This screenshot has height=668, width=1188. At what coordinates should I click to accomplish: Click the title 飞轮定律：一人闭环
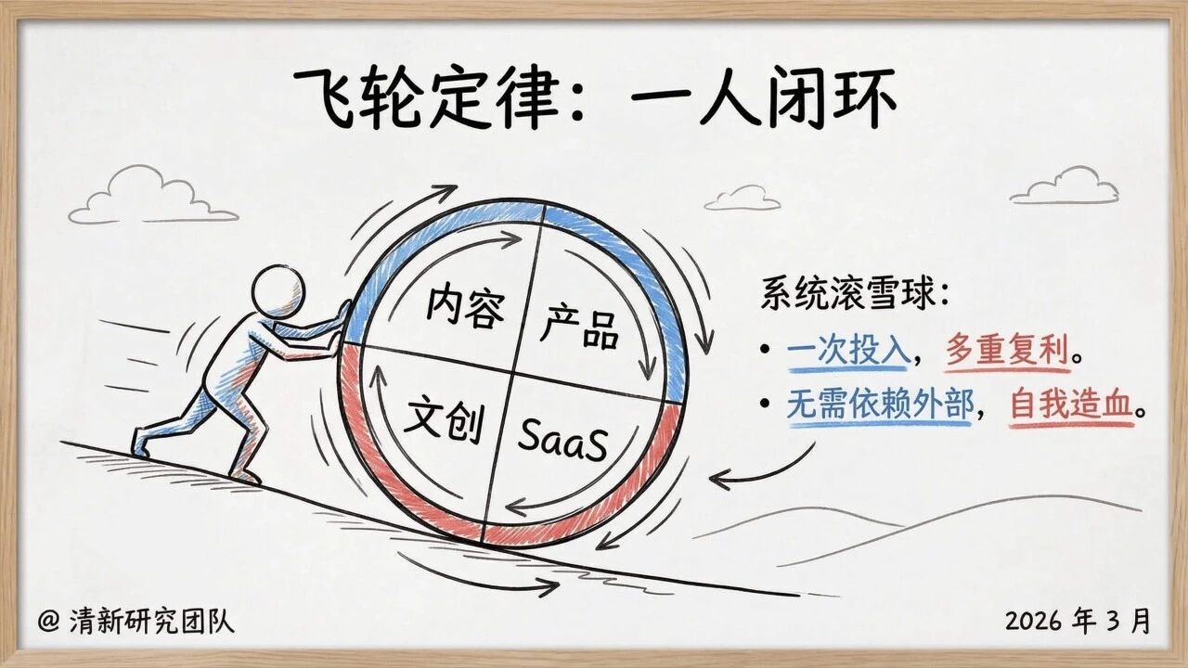pos(594,96)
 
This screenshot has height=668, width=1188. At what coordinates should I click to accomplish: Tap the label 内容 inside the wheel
pos(466,307)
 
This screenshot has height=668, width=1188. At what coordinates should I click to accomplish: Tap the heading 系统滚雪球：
pos(855,294)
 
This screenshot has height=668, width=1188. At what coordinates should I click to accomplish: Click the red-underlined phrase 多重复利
pos(1004,353)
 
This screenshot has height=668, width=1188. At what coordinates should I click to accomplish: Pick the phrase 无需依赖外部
pos(880,405)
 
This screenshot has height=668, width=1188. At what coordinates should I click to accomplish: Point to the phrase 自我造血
pos(1070,405)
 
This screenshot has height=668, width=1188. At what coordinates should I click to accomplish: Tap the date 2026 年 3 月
pos(1077,621)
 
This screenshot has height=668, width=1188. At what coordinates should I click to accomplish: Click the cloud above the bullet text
pos(1065,187)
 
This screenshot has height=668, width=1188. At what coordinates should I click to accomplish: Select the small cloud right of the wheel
pos(742,198)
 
